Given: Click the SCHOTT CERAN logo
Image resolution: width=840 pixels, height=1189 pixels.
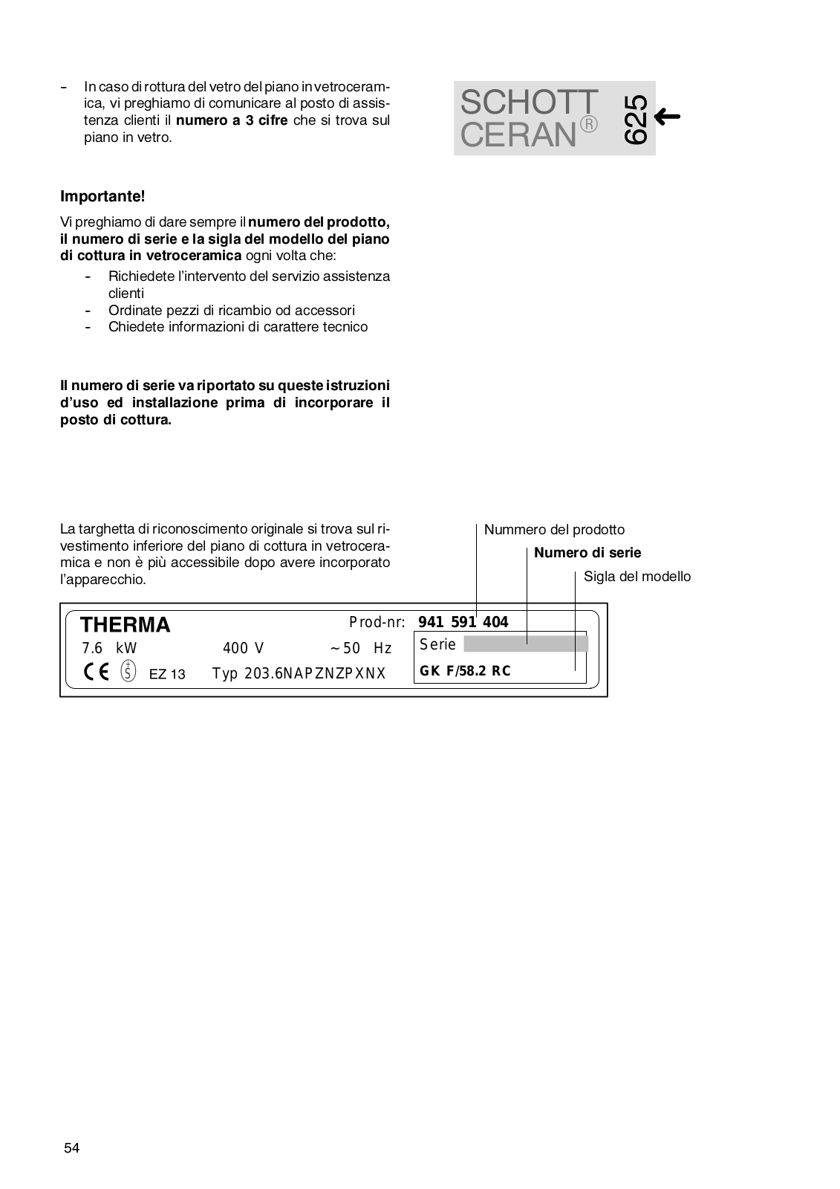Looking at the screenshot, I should pos(529,118).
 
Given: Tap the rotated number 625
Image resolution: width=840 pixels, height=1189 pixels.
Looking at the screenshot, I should pos(636,119).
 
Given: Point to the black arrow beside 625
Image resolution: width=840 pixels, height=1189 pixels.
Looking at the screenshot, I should pos(668,116).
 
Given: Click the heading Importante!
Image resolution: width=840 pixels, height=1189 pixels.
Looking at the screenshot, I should pos(102,197).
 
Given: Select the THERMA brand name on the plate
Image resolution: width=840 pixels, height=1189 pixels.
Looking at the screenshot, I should pos(125,625).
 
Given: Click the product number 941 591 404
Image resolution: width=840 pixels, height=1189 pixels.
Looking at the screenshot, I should pos(463,622).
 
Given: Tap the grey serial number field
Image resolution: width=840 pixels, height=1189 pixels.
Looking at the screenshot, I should pos(525,644).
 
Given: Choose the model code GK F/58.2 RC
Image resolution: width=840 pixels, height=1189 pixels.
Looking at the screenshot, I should pos(465,671).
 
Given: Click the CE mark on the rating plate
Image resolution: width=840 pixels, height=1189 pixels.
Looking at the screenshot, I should pos(96,672).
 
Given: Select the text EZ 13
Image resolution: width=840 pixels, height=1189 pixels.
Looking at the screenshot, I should pos(167,675).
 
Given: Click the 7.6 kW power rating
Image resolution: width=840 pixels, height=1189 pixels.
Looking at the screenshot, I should pos(109,648).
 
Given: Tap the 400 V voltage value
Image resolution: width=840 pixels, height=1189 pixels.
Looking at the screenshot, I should pos(243,648).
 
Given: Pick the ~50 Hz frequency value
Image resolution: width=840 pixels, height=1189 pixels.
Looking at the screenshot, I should pos(361,648).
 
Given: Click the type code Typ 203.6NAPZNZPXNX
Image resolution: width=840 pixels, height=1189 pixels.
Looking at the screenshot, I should pos(299,674).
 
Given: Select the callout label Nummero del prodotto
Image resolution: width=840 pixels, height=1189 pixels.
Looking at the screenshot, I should pos(554,530).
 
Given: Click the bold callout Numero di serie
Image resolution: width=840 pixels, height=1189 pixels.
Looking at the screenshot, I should pos(587,553).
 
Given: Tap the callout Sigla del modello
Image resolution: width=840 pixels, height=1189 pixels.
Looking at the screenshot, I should pos(636,577).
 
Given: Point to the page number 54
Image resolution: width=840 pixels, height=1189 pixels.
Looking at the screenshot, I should pos(71,1148).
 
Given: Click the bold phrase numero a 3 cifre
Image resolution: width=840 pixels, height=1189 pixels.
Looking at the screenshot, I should pos(232,120).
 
